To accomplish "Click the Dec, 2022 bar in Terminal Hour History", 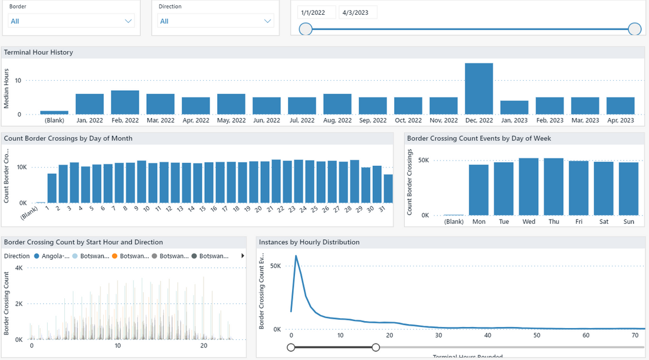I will coord(478,89).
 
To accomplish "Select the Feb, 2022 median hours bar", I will coord(124,103).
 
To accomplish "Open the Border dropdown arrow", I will coord(129,21).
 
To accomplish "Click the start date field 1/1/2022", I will coord(317,12).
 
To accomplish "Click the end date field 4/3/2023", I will coord(358,12).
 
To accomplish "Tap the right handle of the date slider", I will coord(635,29).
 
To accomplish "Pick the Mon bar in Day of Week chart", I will coord(478,190).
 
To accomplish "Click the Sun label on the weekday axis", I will coord(628,222).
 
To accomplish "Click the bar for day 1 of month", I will coord(52,188).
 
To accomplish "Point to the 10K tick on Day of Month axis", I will coord(21,168).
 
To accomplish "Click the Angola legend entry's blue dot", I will coord(37,256).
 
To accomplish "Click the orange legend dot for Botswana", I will coord(115,256).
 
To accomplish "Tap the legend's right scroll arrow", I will coord(242,256).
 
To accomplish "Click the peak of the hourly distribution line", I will coord(296,256).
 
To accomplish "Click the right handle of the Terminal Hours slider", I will coord(376,348).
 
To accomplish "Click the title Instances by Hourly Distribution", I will coord(309,242).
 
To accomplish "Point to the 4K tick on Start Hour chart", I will coord(18,268).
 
